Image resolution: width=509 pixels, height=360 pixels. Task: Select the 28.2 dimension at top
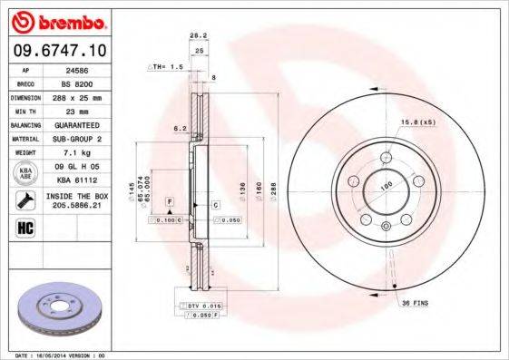tap(194, 35)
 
